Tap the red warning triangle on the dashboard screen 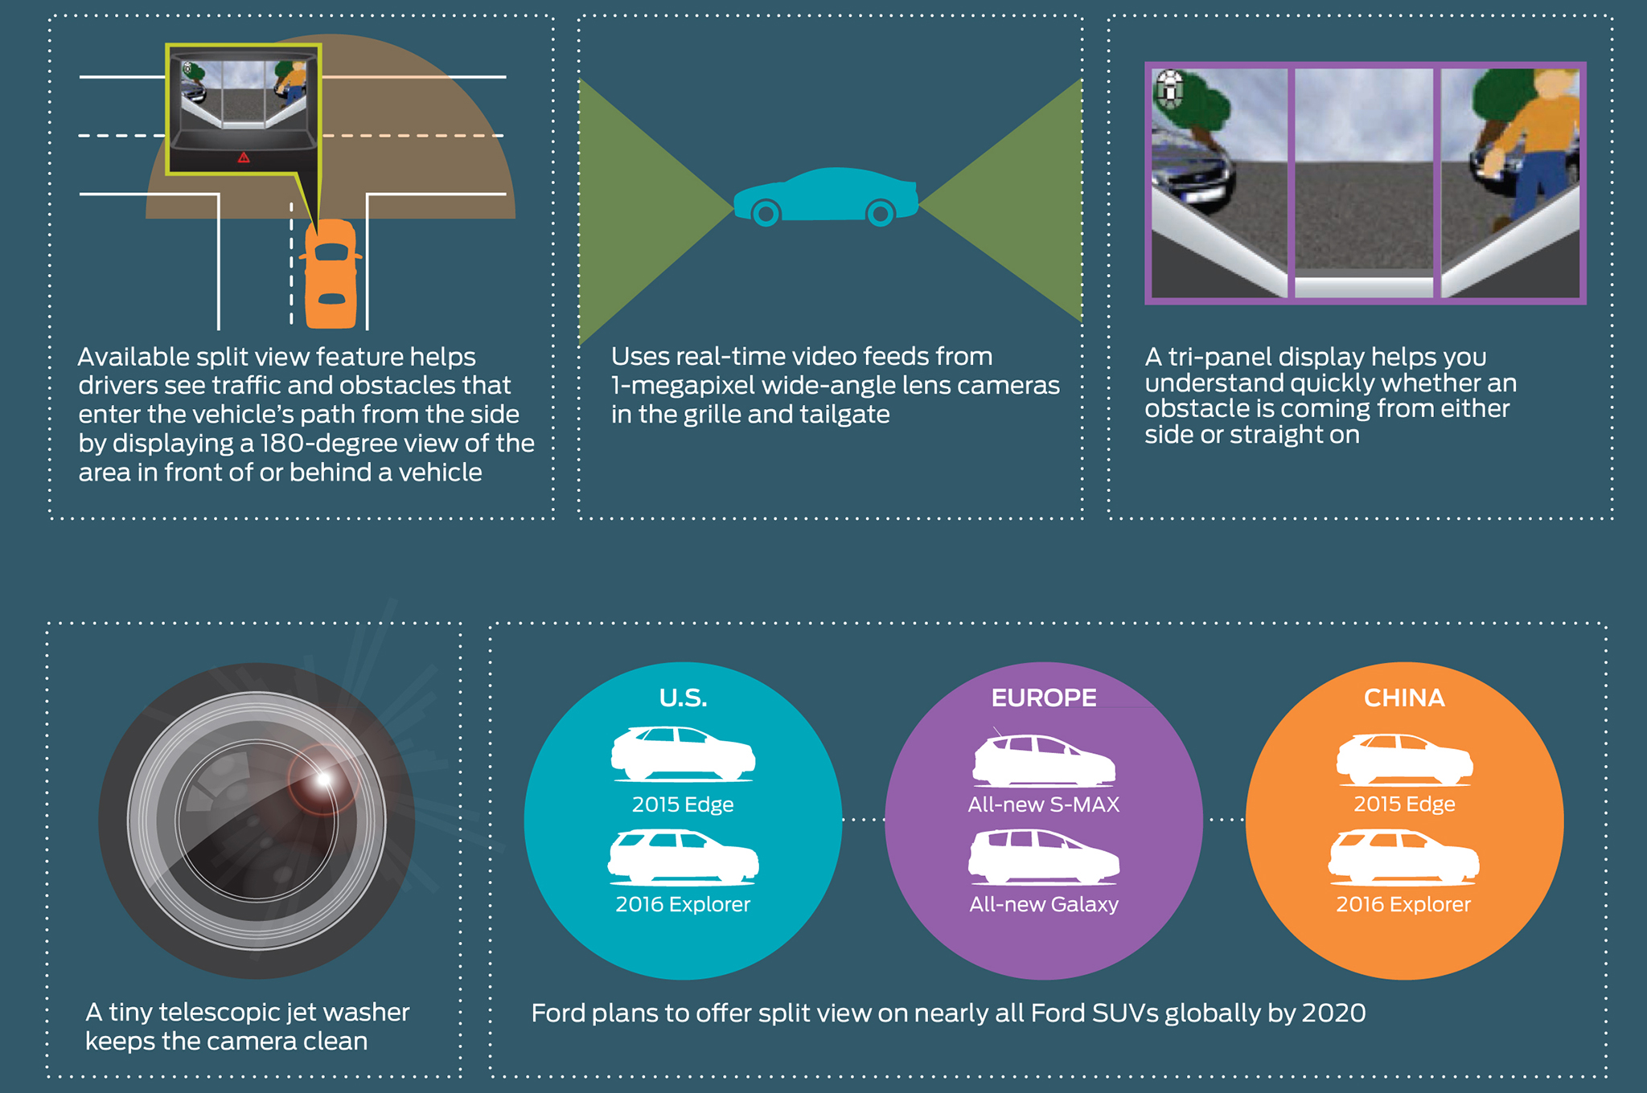[244, 158]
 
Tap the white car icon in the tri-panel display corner [1169, 88]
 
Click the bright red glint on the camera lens [323, 779]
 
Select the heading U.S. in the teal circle [683, 698]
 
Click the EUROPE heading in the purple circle [1043, 698]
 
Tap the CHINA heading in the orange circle [1404, 698]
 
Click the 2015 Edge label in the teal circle [683, 804]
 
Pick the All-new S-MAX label [1043, 804]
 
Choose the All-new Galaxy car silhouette [1043, 856]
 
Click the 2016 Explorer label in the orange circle [1403, 904]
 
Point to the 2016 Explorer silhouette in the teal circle [683, 856]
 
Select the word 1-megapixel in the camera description [683, 386]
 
